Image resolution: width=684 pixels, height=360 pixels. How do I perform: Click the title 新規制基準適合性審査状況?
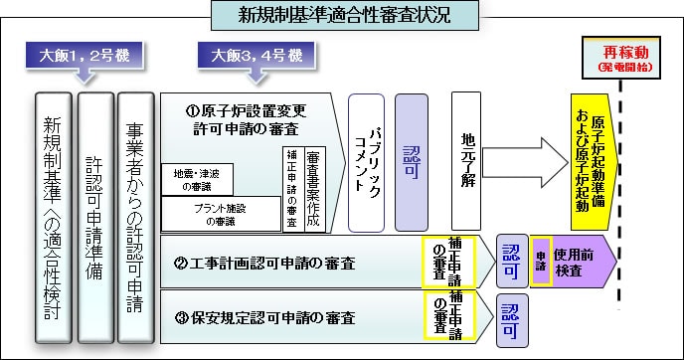pos(343,16)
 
